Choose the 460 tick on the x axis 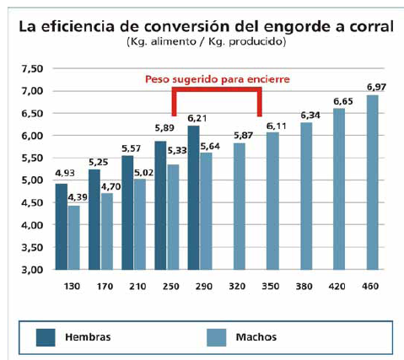click(x=371, y=287)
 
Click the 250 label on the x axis click(x=160, y=287)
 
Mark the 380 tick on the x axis click(x=306, y=287)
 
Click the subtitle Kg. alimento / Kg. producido click(x=203, y=41)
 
